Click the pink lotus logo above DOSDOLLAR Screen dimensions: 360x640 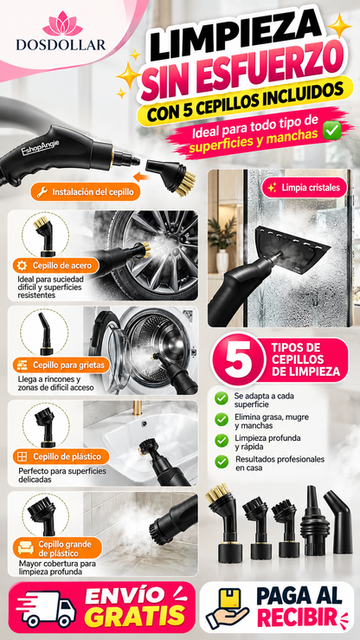(62, 23)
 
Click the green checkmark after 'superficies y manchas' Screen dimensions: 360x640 (331, 132)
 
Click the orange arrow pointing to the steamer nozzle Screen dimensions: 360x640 (142, 177)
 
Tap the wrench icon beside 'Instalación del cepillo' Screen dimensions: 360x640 (42, 192)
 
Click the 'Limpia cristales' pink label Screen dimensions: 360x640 (305, 187)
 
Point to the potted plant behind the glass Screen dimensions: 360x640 (222, 239)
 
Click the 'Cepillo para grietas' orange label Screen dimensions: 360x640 (61, 365)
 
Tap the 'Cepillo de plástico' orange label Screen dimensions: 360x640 (61, 456)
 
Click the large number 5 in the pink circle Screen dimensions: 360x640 (235, 358)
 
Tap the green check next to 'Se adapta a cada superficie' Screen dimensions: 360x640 (222, 398)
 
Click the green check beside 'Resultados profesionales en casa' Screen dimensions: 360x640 (222, 462)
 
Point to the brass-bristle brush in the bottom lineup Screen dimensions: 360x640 (224, 521)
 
